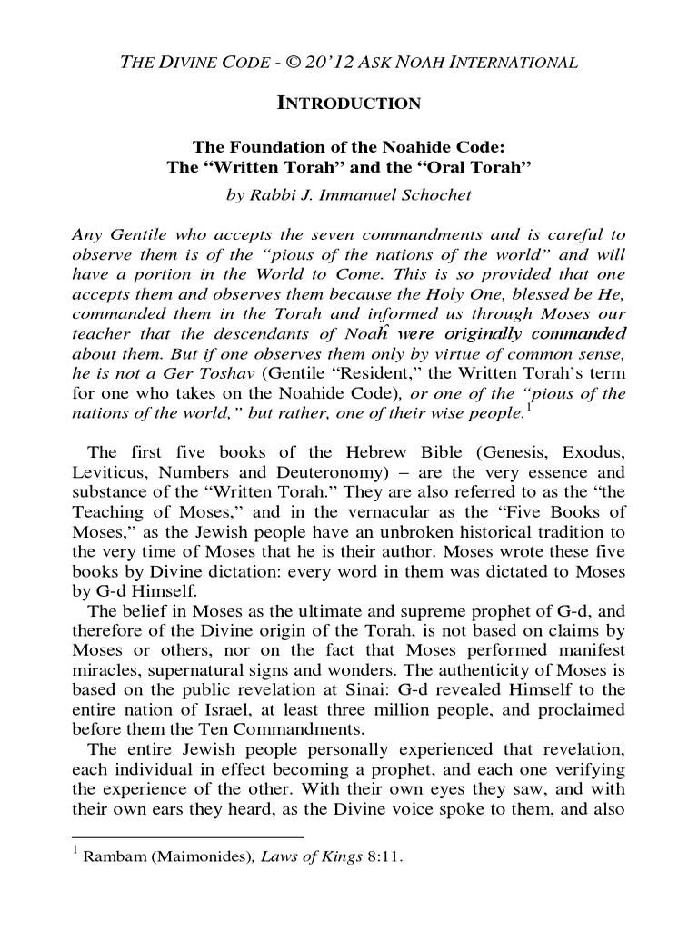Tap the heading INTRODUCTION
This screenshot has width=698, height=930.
(x=348, y=104)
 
